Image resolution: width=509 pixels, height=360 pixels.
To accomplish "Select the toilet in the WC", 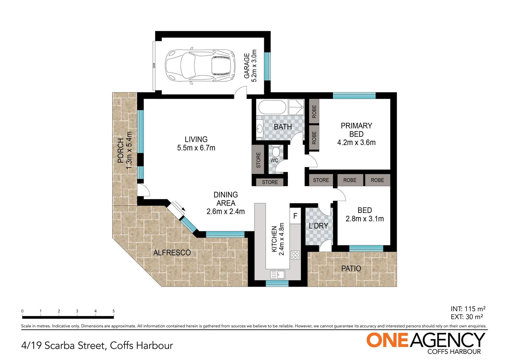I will pos(275,152).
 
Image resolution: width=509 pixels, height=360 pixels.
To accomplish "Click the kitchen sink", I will pos(277,275).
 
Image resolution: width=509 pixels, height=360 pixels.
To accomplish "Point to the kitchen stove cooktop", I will pos(295,255).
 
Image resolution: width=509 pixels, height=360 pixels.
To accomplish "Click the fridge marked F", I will pos(295,216).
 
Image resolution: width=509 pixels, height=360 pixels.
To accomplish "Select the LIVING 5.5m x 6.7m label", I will pos(196,144).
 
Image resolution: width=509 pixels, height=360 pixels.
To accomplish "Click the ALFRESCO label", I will pos(172,253).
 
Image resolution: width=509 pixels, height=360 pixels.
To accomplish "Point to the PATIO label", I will pos(351,268).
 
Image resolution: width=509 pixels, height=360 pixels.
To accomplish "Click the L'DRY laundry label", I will pos(318,226).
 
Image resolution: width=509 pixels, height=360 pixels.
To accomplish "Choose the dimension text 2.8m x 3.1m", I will pos(365,219).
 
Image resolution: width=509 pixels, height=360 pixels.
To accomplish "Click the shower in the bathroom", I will pos(296,107).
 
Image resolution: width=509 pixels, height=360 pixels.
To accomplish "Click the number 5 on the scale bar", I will pos(114,311).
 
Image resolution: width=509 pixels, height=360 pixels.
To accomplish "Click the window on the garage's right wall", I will pos(267,66).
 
